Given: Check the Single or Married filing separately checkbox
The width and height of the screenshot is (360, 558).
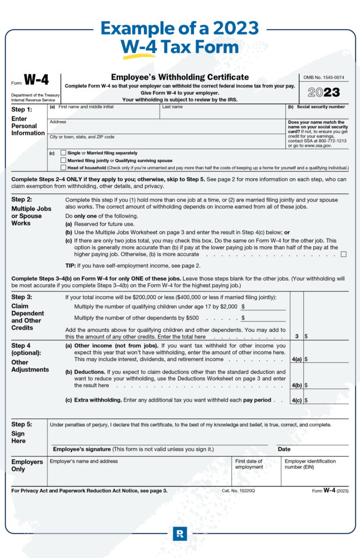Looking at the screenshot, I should (63, 153).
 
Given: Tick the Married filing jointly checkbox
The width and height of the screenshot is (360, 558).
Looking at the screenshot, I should (63, 161).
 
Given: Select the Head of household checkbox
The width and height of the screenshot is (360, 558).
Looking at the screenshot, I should (63, 168).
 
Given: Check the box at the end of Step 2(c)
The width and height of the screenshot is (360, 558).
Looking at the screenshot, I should (343, 254).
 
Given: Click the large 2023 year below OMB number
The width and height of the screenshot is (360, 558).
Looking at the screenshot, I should (324, 93).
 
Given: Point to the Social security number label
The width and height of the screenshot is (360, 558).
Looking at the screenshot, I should (320, 107).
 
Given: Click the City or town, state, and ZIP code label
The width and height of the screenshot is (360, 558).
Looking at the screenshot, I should (82, 137).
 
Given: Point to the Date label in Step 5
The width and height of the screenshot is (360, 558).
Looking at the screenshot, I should (284, 449).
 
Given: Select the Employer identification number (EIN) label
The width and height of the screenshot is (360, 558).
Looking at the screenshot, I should (310, 464).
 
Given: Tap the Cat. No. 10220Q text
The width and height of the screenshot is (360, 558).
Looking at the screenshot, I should (238, 491).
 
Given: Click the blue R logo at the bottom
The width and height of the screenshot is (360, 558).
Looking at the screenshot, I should (180, 533).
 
